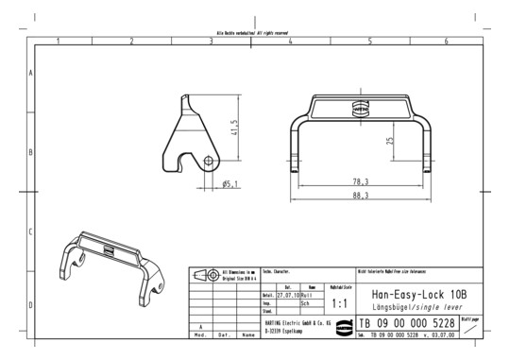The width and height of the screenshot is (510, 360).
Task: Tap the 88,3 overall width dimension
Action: pos(360,196)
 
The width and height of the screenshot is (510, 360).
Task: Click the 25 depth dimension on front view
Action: pos(389,141)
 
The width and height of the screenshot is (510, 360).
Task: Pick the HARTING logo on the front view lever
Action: pos(360,108)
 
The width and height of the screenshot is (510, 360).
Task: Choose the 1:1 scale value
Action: pos(340,304)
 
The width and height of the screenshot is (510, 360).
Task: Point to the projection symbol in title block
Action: pos(205,275)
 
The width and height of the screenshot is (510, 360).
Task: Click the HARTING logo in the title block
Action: pos(364,323)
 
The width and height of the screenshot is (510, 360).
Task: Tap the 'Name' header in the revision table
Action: pos(247,334)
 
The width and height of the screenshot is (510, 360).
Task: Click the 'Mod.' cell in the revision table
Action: pos(200,334)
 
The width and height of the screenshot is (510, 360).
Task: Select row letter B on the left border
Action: pos(31,151)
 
